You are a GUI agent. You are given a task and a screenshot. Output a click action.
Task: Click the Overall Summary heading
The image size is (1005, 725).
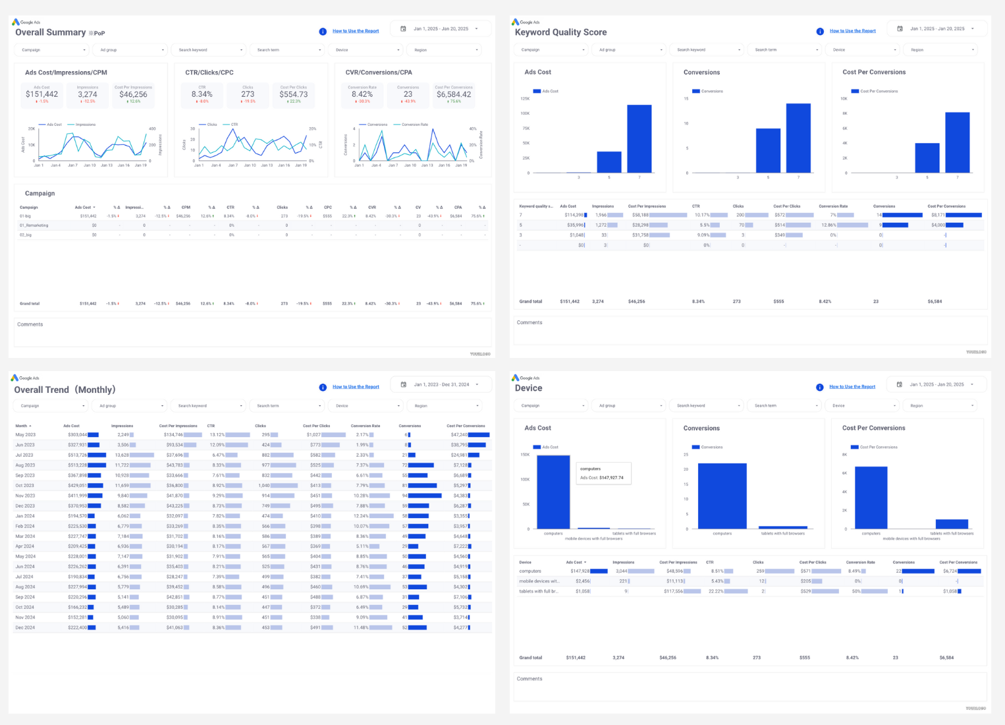51,32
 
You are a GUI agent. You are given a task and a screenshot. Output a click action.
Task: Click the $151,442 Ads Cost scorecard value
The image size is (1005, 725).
41,94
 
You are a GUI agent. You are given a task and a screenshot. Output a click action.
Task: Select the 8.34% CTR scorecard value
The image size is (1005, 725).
202,94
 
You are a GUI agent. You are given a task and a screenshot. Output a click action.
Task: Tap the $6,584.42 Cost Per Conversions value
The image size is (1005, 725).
453,94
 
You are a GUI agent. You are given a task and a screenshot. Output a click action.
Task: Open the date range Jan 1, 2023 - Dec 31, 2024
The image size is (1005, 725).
441,384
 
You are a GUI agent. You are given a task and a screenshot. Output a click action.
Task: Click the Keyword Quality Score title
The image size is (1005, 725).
560,32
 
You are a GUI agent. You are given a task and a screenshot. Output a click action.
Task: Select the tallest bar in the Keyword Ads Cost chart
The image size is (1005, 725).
639,138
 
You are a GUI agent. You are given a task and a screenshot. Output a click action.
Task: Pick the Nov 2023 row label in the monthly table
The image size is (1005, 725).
25,496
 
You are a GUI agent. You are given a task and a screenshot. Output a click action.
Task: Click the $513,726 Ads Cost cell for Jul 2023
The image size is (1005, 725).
77,455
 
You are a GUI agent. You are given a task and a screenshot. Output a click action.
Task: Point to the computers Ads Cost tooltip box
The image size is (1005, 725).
603,473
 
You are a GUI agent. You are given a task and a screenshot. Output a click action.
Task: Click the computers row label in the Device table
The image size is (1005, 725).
530,571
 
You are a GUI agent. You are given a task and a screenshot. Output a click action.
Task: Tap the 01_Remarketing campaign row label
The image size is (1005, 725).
34,225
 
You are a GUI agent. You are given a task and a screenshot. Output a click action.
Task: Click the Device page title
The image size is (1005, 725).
528,388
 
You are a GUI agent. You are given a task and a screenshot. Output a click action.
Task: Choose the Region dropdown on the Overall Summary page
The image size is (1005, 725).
443,50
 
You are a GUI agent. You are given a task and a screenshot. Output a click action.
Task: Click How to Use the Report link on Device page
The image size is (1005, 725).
852,387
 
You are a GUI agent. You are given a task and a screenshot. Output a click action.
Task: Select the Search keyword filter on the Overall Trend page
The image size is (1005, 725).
207,406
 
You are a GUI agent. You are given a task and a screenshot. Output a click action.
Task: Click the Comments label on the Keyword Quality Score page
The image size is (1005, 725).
530,322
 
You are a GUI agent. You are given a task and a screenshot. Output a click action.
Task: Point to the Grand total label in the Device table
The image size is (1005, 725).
530,658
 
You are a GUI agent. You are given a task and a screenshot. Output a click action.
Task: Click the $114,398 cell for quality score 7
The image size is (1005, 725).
572,215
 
